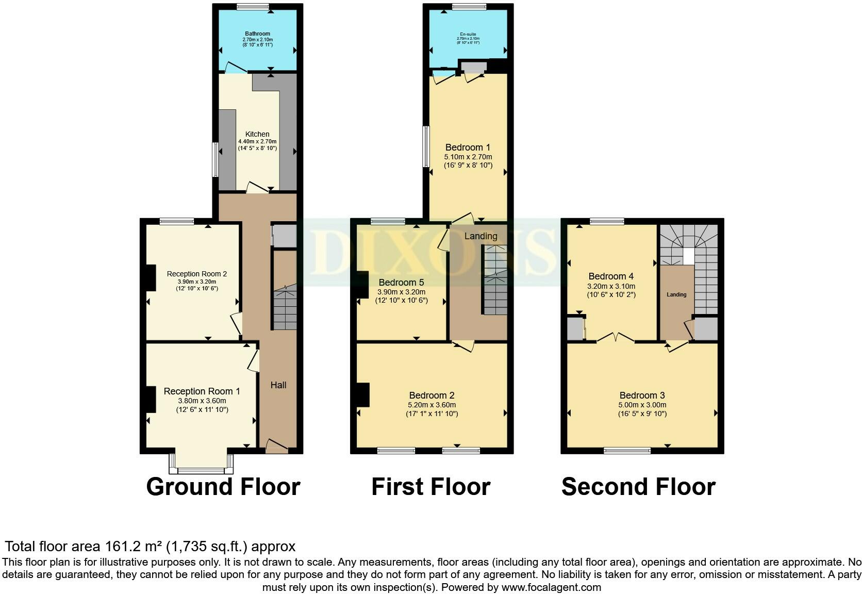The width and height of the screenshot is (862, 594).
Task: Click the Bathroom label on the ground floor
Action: coord(257,34)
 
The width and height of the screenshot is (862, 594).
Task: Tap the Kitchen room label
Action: coord(257,134)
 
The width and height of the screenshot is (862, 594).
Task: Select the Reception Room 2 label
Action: coord(196,274)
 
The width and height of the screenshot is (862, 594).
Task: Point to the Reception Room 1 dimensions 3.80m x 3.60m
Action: coord(202,401)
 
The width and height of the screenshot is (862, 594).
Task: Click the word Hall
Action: coord(278,385)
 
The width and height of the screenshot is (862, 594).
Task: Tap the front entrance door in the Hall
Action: coord(276,447)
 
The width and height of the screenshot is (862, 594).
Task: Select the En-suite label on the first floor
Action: coord(468,34)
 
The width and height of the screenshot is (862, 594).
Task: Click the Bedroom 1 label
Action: coord(468,147)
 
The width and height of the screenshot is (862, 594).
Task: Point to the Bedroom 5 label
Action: coord(401,283)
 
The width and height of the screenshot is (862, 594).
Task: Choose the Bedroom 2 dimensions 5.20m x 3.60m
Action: coord(432,405)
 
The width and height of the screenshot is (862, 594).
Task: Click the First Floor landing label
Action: coord(480,236)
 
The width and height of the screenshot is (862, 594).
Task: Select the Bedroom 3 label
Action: coord(642,395)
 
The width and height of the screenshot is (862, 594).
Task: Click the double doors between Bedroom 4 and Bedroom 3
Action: coord(616,338)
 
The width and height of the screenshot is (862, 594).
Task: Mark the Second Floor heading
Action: coord(638,487)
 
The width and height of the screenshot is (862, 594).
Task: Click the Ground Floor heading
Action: coord(223,487)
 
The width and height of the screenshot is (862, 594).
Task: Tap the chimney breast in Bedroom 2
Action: coord(363,395)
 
